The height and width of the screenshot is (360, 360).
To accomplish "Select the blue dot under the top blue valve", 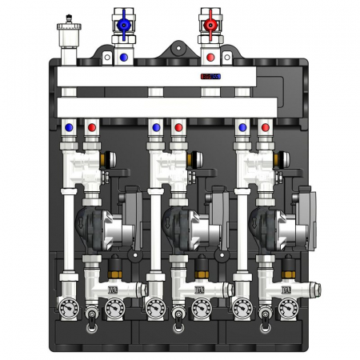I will click(x=123, y=58).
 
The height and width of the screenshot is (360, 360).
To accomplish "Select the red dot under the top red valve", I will click(x=210, y=58).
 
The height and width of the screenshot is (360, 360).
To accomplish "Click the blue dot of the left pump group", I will click(x=69, y=126).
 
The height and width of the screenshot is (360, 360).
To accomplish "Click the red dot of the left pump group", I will click(x=93, y=126).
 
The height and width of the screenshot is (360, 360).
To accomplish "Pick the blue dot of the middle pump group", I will click(x=155, y=126).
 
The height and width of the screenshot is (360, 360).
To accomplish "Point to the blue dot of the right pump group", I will click(x=242, y=126).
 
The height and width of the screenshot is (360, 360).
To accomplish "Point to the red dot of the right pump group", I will click(x=266, y=126).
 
